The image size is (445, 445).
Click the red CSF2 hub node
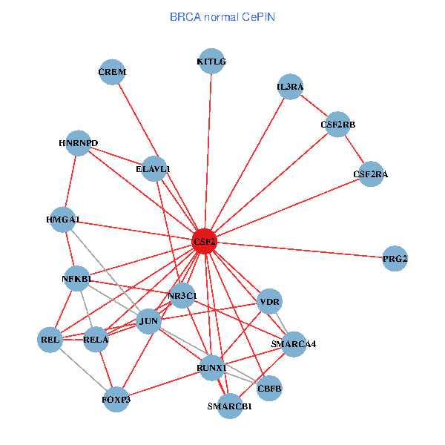pyautogui.click(x=205, y=242)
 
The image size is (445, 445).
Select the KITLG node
pyautogui.click(x=212, y=62)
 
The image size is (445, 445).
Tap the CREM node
pyautogui.click(x=112, y=72)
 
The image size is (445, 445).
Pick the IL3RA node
pyautogui.click(x=290, y=87)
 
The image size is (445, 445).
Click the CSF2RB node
pyautogui.click(x=338, y=125)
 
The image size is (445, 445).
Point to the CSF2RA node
pyautogui.click(x=371, y=174)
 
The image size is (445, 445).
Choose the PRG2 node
pyautogui.click(x=395, y=259)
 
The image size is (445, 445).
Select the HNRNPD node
pyautogui.click(x=78, y=143)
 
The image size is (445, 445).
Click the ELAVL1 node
pyautogui.click(x=154, y=169)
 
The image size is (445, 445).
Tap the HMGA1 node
pyautogui.click(x=63, y=220)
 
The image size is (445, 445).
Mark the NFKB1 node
pyautogui.click(x=76, y=279)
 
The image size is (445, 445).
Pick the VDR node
pyautogui.click(x=268, y=302)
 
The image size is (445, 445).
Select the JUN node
pyautogui.click(x=149, y=321)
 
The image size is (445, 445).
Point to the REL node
pyautogui.click(x=50, y=340)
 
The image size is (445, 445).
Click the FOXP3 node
pyautogui.click(x=116, y=400)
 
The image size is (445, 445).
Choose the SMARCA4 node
pyautogui.click(x=294, y=344)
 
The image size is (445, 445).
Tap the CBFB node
pyautogui.click(x=269, y=387)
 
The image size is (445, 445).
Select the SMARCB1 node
pyautogui.click(x=230, y=406)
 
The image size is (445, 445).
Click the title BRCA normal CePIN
pyautogui.click(x=222, y=16)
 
